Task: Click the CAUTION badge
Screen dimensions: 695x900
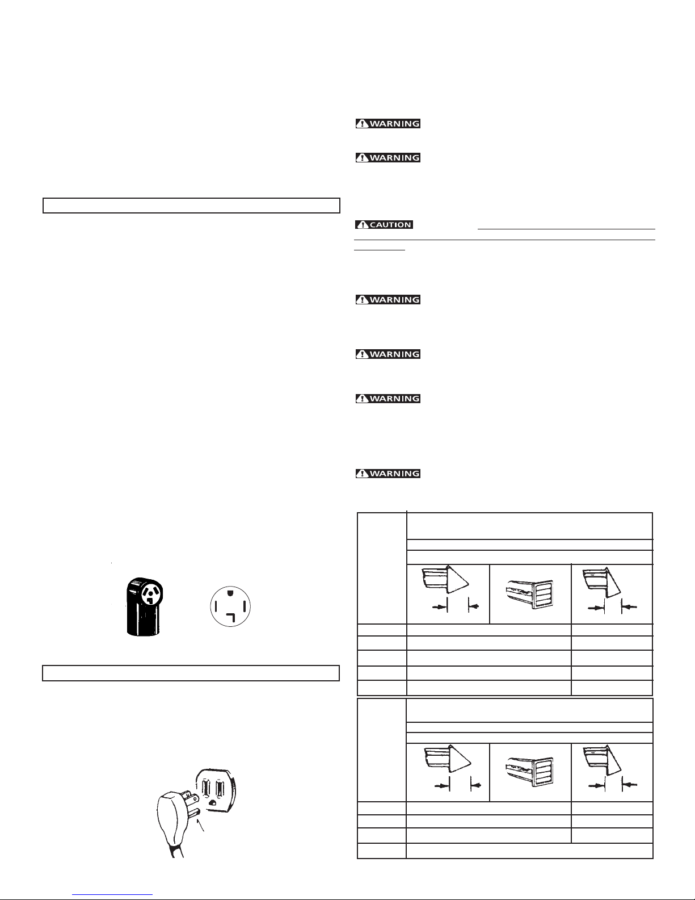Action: (384, 224)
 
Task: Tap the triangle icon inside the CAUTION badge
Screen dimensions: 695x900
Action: (363, 224)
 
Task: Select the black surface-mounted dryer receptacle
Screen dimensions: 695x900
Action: (144, 606)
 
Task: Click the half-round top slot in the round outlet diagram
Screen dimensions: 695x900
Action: (230, 592)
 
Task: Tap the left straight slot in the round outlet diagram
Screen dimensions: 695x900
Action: (216, 607)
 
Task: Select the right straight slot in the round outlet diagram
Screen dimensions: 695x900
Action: (245, 607)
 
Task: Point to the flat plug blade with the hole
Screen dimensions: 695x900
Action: (192, 797)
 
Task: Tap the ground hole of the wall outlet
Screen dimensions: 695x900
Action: (213, 802)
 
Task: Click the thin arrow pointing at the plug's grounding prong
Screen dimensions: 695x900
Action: (201, 826)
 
